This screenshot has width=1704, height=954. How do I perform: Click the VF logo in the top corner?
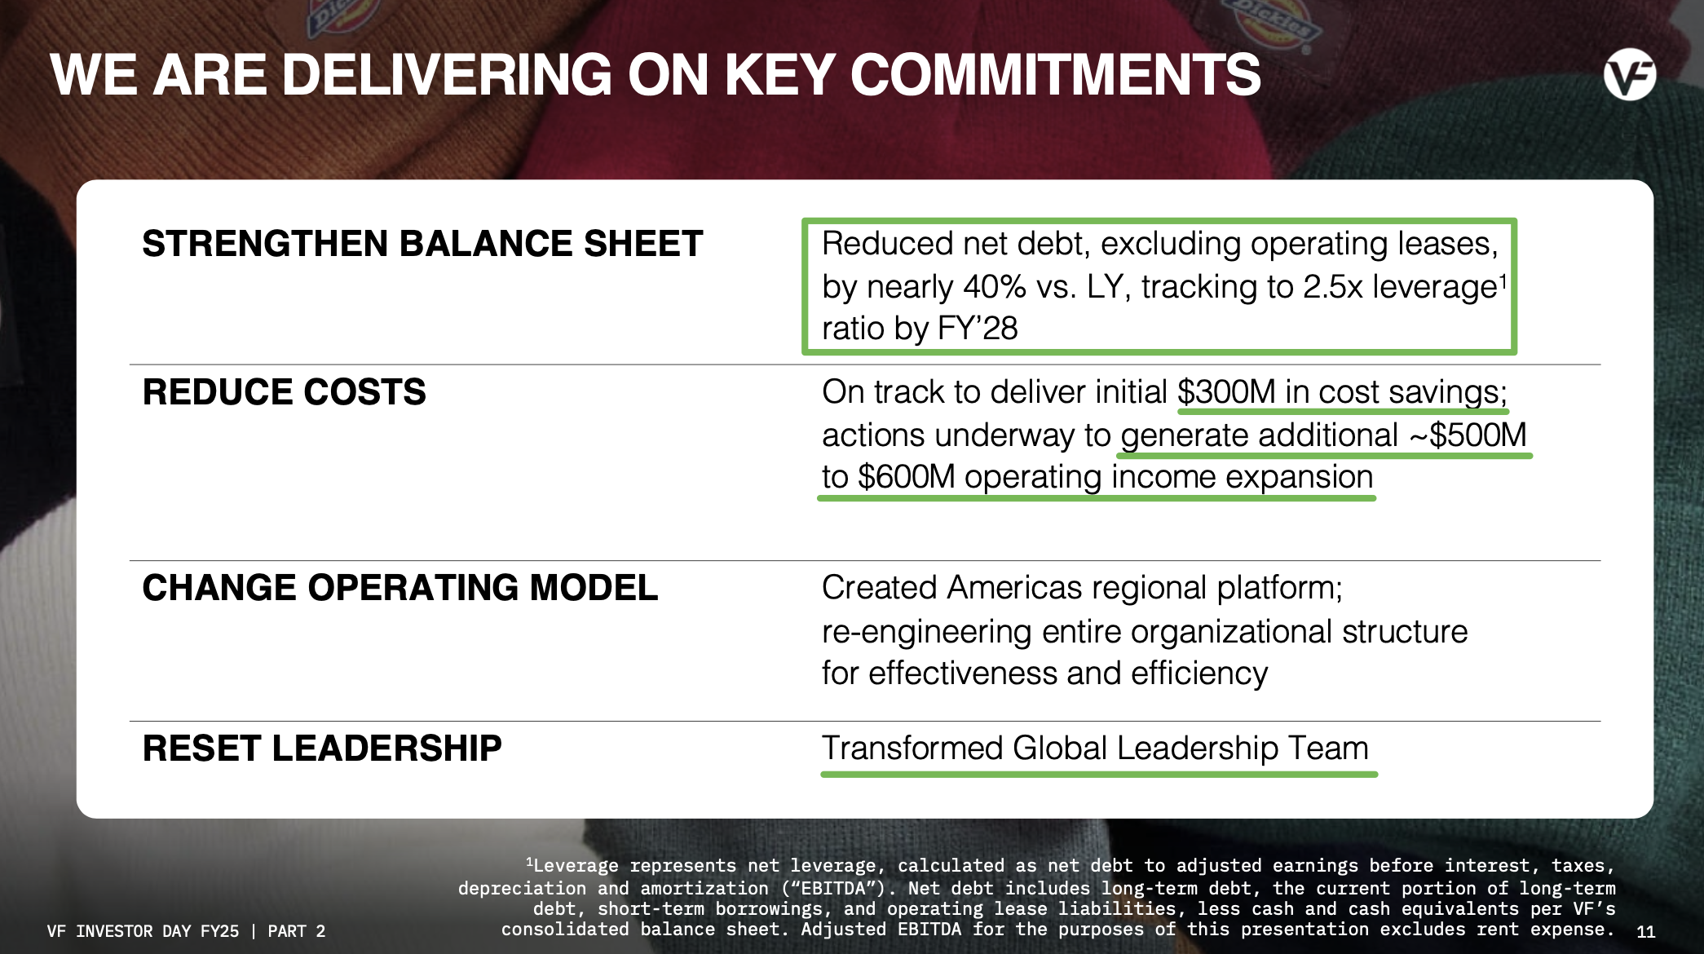tap(1629, 75)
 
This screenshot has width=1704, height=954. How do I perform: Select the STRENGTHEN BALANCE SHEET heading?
tap(422, 244)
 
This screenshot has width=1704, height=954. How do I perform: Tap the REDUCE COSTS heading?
tap(284, 392)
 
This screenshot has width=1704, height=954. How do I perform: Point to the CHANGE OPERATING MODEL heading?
tap(400, 588)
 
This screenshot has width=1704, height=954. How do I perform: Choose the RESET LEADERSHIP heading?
tap(322, 749)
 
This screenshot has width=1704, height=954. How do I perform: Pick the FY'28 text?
tap(978, 329)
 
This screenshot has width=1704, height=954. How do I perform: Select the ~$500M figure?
tap(1468, 435)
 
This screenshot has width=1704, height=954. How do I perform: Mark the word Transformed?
tap(912, 749)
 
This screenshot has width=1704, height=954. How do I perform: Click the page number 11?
tap(1645, 931)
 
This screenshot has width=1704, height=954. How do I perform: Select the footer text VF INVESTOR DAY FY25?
tap(143, 931)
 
